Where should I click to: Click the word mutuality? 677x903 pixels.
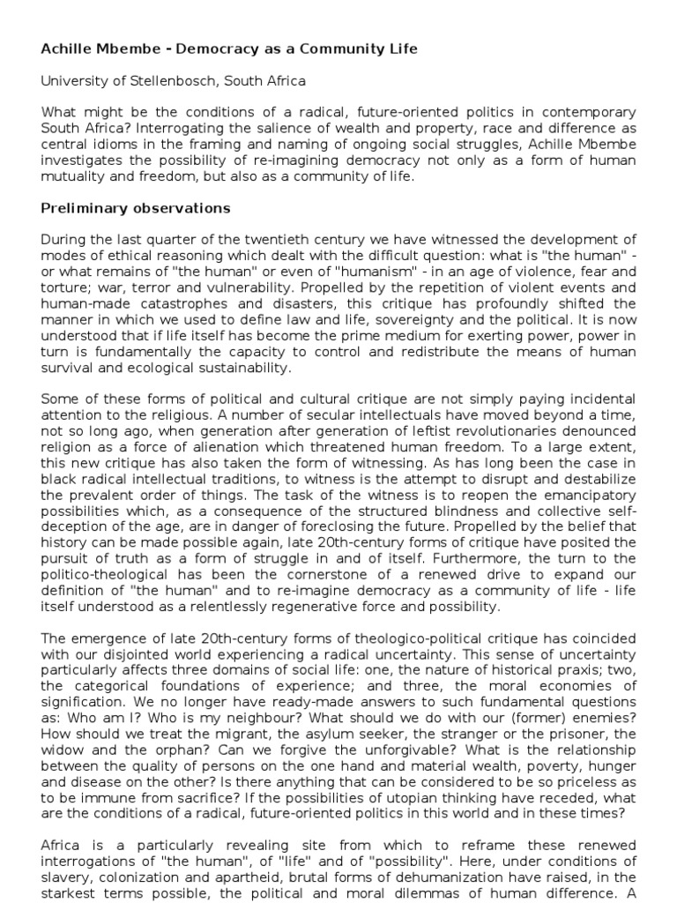pyautogui.click(x=75, y=176)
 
